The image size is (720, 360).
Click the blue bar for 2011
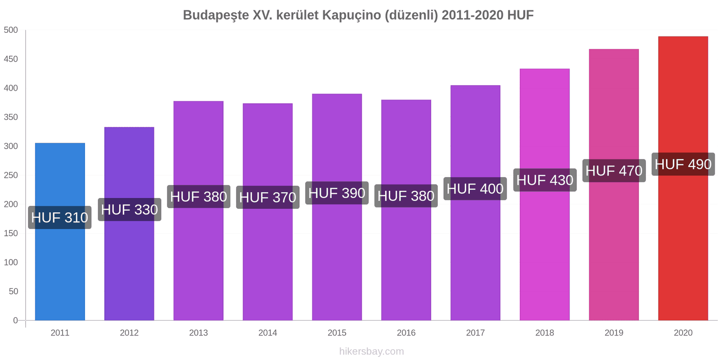[x=60, y=270]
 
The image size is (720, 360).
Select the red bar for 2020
[x=683, y=247]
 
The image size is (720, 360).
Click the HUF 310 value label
[x=60, y=217]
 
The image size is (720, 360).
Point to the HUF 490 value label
[x=683, y=164]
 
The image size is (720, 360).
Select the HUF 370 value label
[x=268, y=197]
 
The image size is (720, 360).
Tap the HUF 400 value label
[x=475, y=189]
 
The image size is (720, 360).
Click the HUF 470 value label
[x=614, y=171]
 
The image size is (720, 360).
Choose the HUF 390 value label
[x=337, y=193]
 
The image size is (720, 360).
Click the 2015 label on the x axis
[x=337, y=333]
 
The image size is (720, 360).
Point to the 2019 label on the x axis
[x=614, y=333]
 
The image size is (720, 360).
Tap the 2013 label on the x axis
[x=198, y=333]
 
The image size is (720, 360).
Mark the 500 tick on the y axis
[x=11, y=30]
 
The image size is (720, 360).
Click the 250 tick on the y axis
[x=11, y=175]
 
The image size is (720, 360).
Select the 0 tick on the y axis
[x=15, y=320]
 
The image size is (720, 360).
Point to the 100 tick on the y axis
[x=11, y=262]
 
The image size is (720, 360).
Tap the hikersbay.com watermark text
[x=372, y=351]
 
